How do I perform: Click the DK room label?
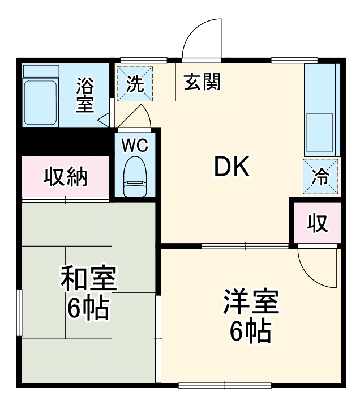click(x=231, y=166)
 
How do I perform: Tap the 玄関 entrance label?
click(x=202, y=83)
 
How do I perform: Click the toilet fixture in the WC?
click(x=135, y=177)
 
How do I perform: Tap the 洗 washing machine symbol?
click(x=135, y=84)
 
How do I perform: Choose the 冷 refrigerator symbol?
click(x=320, y=176)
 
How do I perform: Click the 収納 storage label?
click(x=66, y=177)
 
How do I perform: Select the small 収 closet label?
click(x=318, y=223)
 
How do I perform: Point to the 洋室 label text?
click(x=250, y=303)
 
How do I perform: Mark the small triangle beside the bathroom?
click(x=103, y=120)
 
